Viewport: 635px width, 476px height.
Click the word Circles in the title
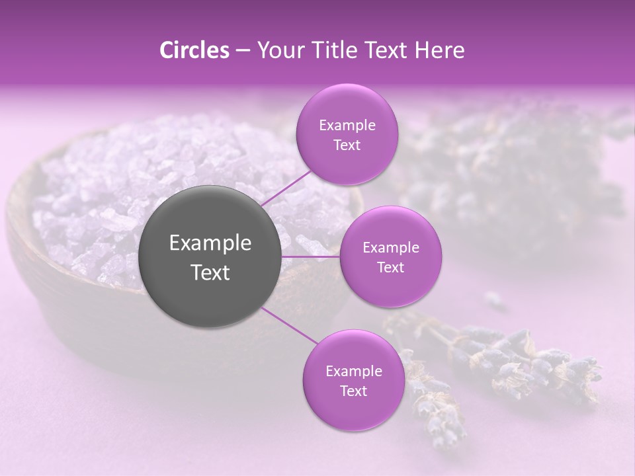point(194,50)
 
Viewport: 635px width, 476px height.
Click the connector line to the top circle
point(284,188)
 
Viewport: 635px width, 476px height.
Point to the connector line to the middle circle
point(311,257)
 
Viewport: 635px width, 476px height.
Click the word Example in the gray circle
point(210,243)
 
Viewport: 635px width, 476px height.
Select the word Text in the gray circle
point(210,272)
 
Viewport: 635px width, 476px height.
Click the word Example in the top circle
point(347,126)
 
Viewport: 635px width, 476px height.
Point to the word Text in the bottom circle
point(353,391)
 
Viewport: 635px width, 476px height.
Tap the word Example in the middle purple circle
point(390,248)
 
